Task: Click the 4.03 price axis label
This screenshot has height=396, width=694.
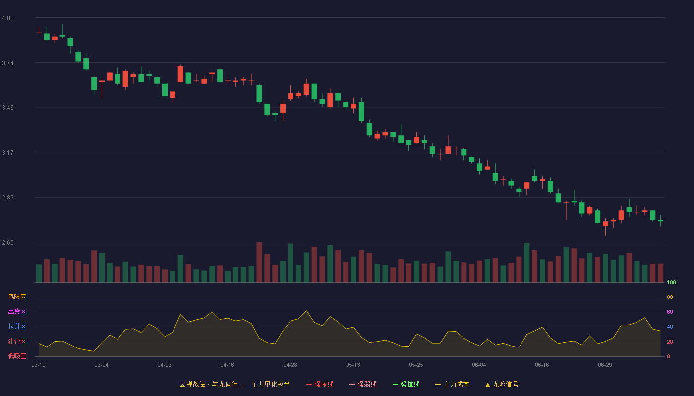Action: click(x=8, y=18)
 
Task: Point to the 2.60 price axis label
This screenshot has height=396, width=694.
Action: click(x=8, y=243)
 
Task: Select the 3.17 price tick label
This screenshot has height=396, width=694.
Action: click(x=8, y=153)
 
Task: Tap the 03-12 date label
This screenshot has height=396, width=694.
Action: click(x=39, y=365)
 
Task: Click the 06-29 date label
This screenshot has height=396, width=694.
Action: click(x=605, y=365)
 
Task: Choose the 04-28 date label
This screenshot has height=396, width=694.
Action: click(x=290, y=365)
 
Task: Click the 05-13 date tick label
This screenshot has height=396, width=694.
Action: click(x=353, y=365)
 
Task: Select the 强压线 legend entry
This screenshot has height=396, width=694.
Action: click(x=320, y=384)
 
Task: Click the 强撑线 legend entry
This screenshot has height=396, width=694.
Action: click(x=406, y=384)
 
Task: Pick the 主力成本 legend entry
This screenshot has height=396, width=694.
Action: click(x=452, y=384)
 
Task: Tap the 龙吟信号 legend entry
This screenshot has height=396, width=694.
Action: click(x=502, y=384)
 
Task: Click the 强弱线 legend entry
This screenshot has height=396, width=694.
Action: click(x=363, y=384)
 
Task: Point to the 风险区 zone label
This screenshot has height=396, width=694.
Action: click(x=17, y=297)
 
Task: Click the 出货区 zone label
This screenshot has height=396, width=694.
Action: click(x=17, y=311)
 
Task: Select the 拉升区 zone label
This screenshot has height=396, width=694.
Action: click(x=17, y=326)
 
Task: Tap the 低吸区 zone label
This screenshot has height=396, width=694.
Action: click(x=17, y=356)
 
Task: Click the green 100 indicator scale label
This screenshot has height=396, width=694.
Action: click(x=671, y=282)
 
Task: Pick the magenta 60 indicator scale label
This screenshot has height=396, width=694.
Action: click(x=670, y=312)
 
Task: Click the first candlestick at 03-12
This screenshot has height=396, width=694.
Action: click(x=39, y=32)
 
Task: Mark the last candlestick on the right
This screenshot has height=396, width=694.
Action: click(x=660, y=221)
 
